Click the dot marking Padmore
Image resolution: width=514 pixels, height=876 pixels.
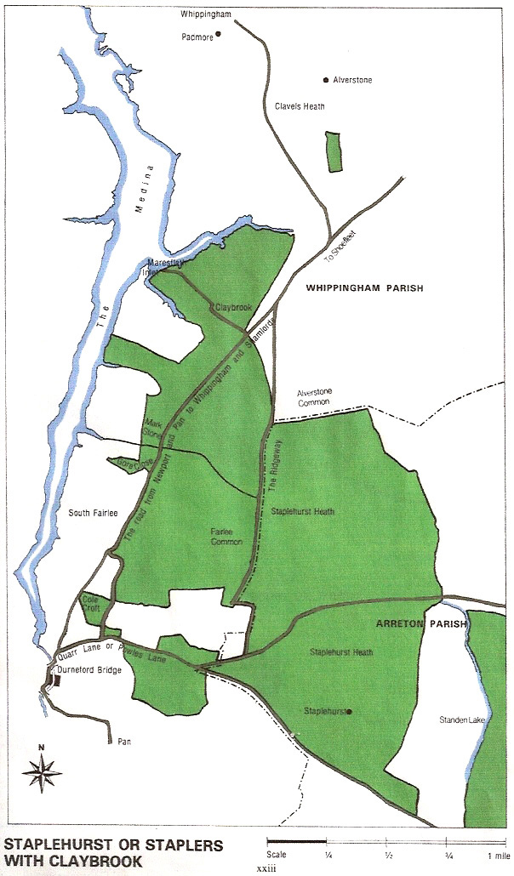tap(218, 34)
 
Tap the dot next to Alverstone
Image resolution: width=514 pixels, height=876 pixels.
tap(325, 80)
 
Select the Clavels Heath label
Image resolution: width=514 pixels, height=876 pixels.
tap(300, 107)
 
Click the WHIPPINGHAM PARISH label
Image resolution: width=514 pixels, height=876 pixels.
tap(363, 289)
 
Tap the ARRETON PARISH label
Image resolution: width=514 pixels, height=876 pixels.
tap(421, 624)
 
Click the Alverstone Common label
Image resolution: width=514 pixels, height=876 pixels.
tap(319, 398)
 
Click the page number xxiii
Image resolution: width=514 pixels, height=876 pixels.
tap(269, 869)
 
